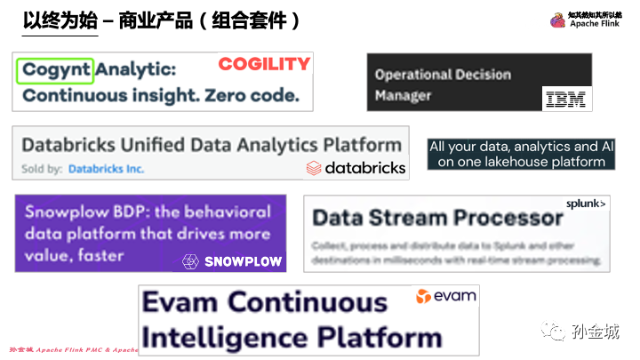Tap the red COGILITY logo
click(x=264, y=64)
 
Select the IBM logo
click(x=566, y=100)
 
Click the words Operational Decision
click(x=443, y=75)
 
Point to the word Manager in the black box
click(x=403, y=95)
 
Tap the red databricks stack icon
click(x=313, y=167)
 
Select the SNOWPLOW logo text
click(x=243, y=261)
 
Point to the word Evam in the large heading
click(x=183, y=302)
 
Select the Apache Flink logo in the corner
click(x=557, y=20)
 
